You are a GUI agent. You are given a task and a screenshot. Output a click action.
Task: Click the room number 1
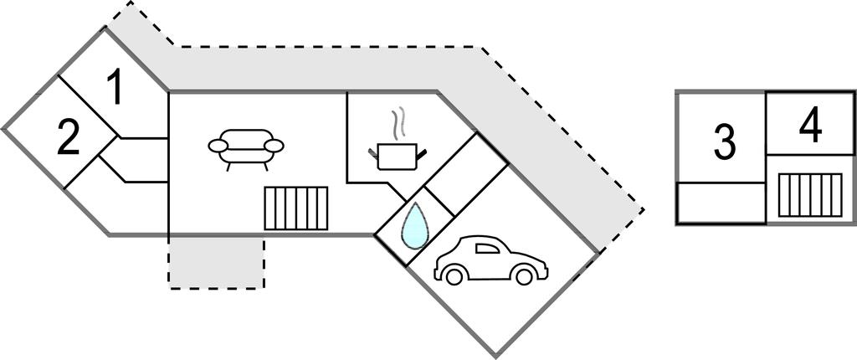(116, 89)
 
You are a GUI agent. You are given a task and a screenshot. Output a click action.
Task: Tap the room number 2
(69, 139)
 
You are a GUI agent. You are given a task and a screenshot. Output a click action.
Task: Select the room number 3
(724, 142)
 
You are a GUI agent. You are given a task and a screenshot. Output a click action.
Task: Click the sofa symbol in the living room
(246, 147)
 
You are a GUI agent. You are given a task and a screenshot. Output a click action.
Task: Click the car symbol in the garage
(490, 261)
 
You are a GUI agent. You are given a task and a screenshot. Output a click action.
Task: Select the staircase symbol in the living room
(296, 208)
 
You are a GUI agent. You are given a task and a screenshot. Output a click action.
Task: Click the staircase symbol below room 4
(808, 193)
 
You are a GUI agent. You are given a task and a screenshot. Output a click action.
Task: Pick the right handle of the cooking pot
(422, 152)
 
